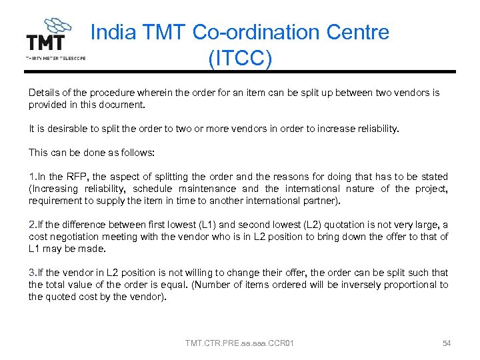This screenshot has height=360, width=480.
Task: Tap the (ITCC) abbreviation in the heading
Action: click(x=239, y=59)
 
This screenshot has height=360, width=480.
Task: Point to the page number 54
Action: click(x=447, y=343)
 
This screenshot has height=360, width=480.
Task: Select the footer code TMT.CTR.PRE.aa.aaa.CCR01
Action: click(x=239, y=343)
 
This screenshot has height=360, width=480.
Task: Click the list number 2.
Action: click(x=31, y=225)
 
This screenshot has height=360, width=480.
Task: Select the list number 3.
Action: click(x=31, y=273)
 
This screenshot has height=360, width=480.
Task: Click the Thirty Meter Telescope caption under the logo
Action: click(x=55, y=58)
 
